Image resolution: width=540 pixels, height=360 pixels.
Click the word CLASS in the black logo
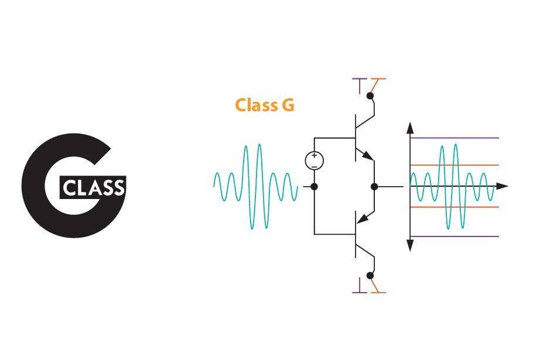(x=93, y=188)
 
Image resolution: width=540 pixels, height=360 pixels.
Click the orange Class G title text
(x=264, y=105)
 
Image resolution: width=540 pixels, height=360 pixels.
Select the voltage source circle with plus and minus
(x=315, y=160)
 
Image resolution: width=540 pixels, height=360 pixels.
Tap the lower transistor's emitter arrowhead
(x=362, y=219)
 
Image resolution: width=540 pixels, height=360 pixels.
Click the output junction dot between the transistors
(x=374, y=187)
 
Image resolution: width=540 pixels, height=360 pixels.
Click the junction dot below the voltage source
(x=315, y=187)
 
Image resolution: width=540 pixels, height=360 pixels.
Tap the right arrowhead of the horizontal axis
(x=503, y=187)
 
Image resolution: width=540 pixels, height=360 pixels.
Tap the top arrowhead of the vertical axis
(x=411, y=128)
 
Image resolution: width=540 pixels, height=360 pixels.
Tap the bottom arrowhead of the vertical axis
(x=411, y=246)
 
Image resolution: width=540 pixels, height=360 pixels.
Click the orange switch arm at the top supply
(x=379, y=85)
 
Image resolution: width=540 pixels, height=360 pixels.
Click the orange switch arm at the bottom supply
(x=378, y=286)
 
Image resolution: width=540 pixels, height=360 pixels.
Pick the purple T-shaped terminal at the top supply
(x=359, y=84)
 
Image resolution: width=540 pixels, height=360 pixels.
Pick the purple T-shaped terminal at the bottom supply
(x=359, y=287)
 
